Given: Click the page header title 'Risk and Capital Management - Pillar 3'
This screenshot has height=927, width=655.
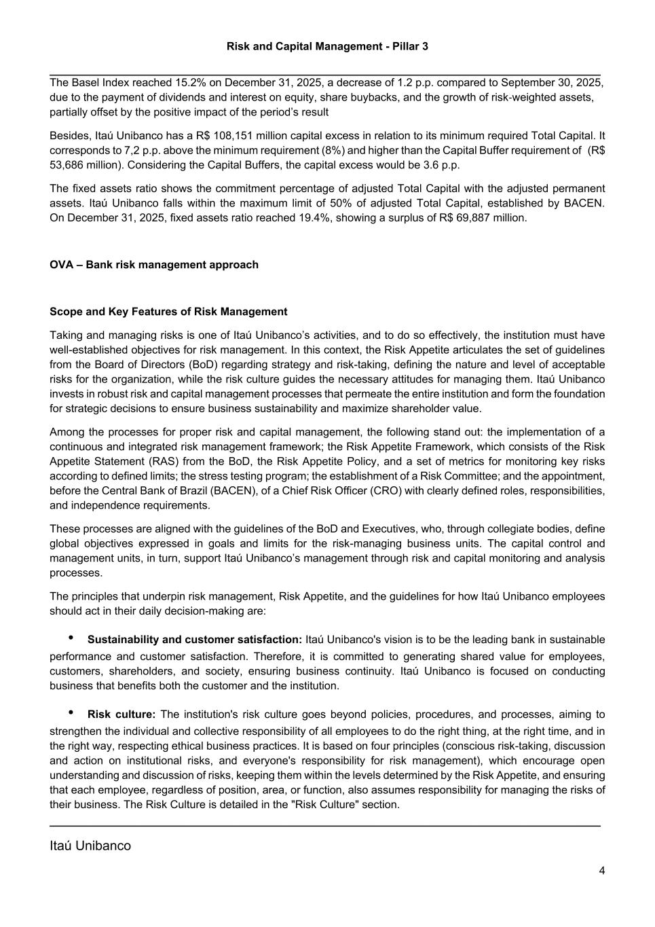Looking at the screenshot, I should pos(327,46).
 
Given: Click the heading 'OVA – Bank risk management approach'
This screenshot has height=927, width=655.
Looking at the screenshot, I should pos(154,265).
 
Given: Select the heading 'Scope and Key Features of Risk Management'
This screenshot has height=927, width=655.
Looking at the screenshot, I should pos(168,312).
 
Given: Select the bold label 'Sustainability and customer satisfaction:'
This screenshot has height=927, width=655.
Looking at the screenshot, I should pos(195,640).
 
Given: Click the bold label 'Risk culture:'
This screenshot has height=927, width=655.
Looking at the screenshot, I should pos(121,714).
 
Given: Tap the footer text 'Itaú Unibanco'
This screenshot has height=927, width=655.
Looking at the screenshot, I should pos(90,846).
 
